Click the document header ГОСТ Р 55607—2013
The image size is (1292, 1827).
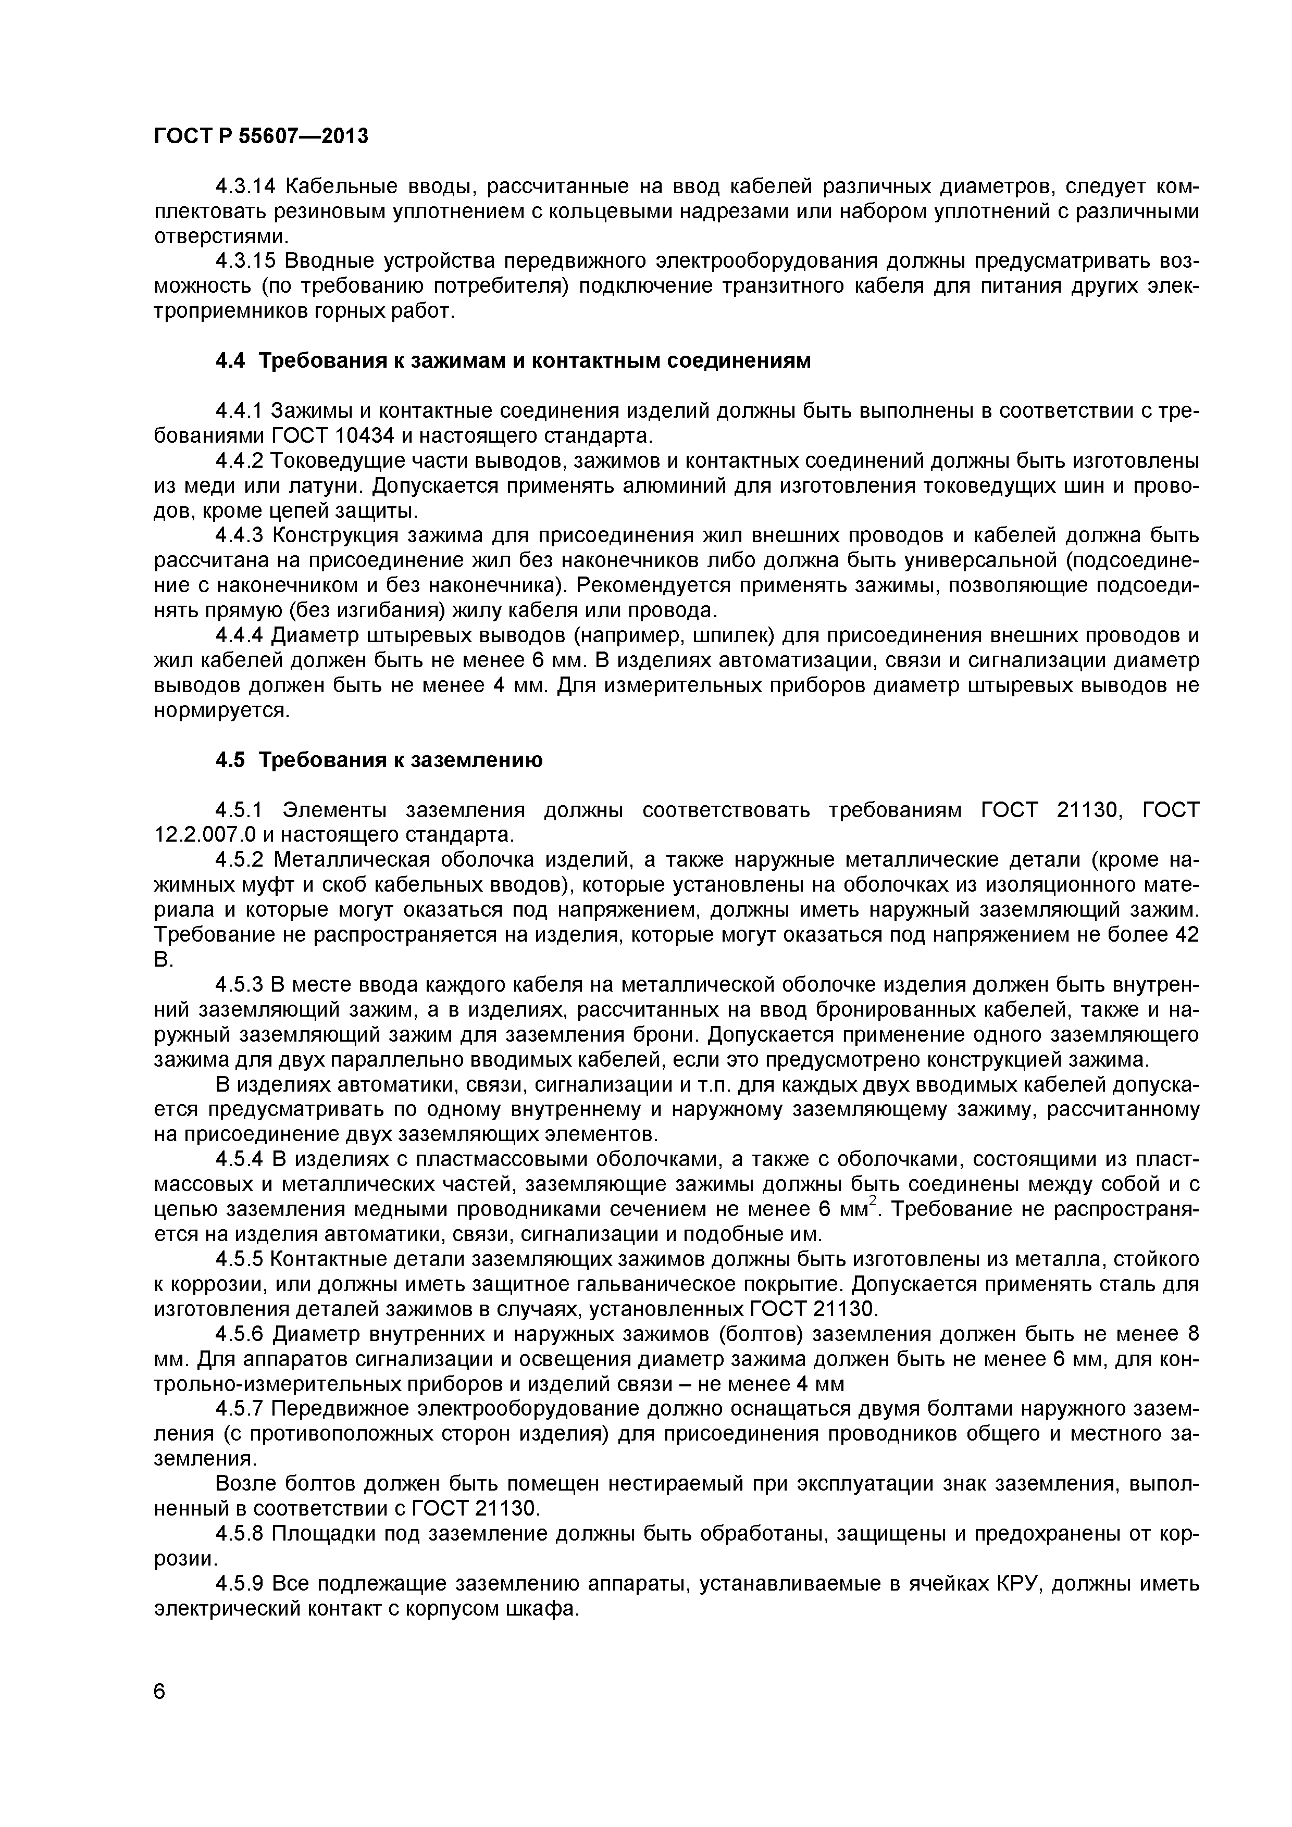pos(261,137)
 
